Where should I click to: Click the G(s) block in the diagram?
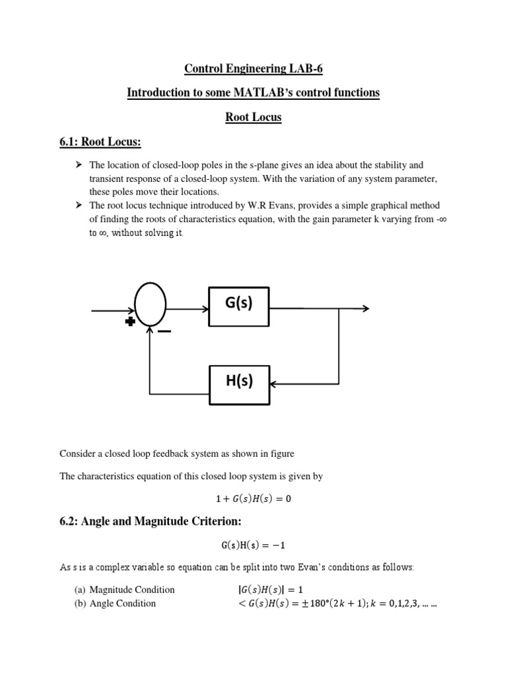(x=239, y=307)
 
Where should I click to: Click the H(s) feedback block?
(x=239, y=381)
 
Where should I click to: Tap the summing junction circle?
(x=150, y=306)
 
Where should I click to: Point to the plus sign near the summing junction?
(x=130, y=321)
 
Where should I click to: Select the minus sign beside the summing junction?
(x=164, y=331)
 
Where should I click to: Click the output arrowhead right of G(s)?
(x=365, y=308)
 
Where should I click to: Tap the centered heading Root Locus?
(x=253, y=117)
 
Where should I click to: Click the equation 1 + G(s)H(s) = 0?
(x=253, y=499)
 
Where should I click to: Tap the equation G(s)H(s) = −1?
(x=253, y=546)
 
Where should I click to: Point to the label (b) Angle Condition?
(x=116, y=603)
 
